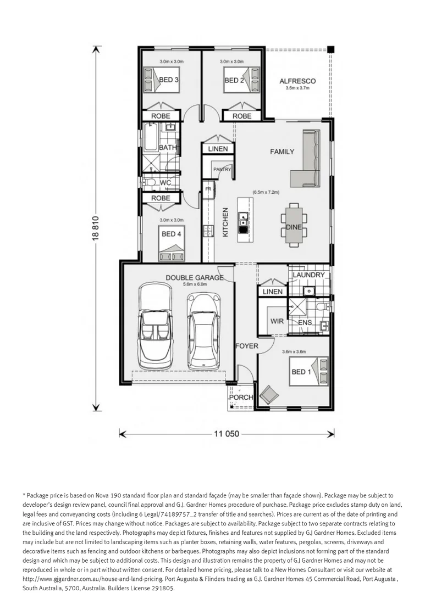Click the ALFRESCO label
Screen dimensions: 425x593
(297, 81)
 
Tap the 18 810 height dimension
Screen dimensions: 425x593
(96, 227)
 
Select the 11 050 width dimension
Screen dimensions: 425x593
(227, 433)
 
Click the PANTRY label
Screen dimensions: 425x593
(222, 169)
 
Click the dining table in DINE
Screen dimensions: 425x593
(294, 226)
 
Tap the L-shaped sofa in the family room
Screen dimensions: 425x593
(305, 158)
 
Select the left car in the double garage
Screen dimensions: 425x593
(154, 326)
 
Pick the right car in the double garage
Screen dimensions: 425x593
(204, 331)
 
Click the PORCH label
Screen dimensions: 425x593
(241, 397)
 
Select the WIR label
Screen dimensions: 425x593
(277, 321)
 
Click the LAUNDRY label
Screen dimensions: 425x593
(308, 275)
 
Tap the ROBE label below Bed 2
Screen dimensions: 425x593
(242, 116)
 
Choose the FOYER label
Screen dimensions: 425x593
(247, 346)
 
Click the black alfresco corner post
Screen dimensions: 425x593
(330, 49)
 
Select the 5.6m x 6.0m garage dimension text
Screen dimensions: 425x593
(195, 284)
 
